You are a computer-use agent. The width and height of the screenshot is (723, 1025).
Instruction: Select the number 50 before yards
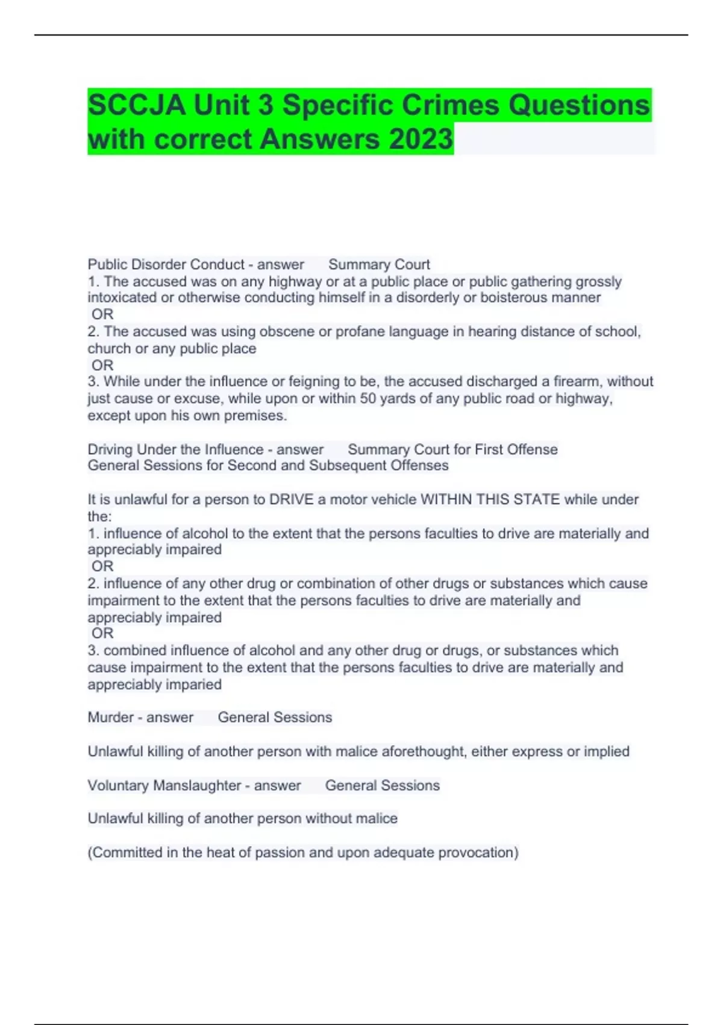(x=368, y=399)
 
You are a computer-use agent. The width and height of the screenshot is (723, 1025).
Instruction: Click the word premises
(x=255, y=415)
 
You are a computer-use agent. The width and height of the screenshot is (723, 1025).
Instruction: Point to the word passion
(x=283, y=853)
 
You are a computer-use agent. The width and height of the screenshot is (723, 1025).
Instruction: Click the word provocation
(x=478, y=853)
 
